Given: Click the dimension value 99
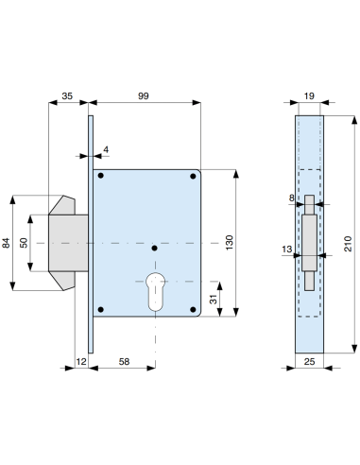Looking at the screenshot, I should [x=145, y=96].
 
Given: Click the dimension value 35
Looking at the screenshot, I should [x=67, y=96].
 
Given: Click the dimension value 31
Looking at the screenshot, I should [x=214, y=299].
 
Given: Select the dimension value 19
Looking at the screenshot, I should [x=310, y=96].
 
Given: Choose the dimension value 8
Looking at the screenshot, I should [x=292, y=198].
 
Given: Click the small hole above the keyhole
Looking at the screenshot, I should [x=153, y=250].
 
